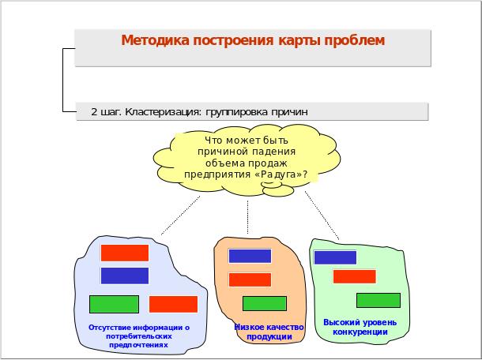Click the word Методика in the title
155,40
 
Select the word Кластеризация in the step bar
164,112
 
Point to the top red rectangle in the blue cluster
125,253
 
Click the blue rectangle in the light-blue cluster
125,276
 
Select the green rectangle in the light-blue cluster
114,305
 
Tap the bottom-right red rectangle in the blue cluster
173,304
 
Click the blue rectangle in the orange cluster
250,256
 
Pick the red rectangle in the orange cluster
250,279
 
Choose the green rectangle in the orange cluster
265,303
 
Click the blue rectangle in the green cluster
335,257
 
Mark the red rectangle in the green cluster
355,276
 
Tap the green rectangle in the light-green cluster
378,301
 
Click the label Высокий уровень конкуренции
360,327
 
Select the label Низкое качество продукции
269,332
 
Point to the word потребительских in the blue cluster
139,336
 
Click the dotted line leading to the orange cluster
248,217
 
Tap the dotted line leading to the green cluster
322,216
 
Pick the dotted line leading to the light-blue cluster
180,216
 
